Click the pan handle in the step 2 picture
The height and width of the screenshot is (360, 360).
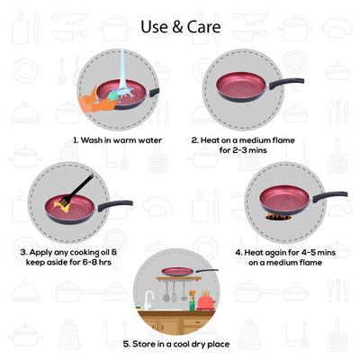point(285,83)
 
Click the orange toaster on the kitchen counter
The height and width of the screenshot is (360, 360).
point(207,302)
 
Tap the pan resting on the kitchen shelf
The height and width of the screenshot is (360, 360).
point(178,272)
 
